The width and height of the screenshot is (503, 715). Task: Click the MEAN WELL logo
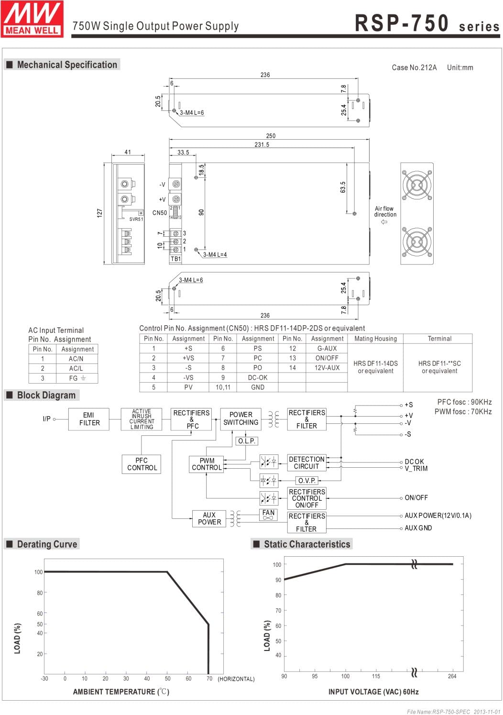32,18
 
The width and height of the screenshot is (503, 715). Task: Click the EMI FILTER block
89,419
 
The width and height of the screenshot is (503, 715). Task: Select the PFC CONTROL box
142,464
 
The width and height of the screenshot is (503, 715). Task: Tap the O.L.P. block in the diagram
247,441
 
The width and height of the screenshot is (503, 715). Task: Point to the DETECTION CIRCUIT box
306,462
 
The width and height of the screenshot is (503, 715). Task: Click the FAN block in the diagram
268,515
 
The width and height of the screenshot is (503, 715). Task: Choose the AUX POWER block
209,518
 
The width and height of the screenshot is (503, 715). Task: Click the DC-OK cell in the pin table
258,377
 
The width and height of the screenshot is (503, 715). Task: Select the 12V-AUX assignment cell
327,368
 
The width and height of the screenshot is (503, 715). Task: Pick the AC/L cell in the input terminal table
76,368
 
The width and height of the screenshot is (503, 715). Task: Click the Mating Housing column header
375,339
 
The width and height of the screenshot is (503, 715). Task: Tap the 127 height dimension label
99,213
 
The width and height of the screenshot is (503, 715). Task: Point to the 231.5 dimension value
262,144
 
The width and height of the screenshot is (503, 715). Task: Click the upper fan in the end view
416,184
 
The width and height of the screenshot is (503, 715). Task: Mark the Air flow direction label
385,211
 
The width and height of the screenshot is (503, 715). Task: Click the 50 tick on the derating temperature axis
167,678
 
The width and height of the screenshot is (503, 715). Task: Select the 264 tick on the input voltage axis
452,676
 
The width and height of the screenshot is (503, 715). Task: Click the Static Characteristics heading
306,544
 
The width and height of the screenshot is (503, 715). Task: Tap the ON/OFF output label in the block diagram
416,498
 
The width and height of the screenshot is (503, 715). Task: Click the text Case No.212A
414,67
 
